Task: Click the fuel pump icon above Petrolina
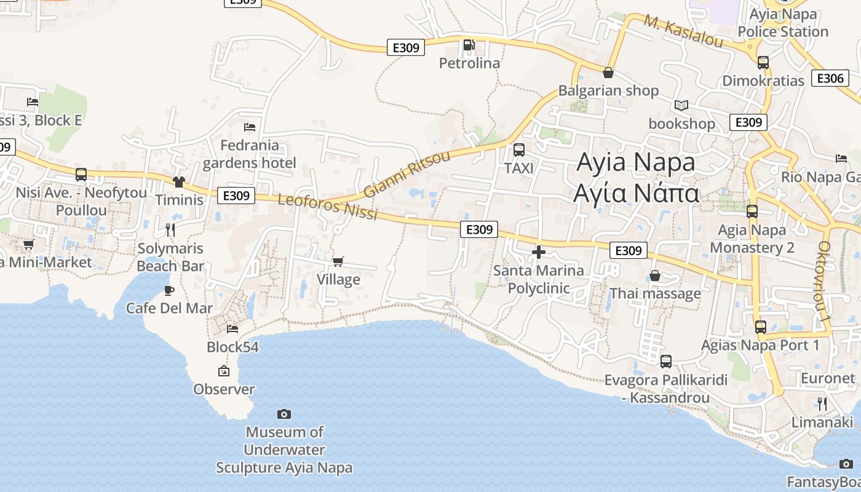click(x=469, y=44)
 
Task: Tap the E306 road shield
click(x=829, y=78)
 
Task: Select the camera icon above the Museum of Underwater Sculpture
click(x=284, y=414)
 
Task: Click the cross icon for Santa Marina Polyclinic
click(x=539, y=252)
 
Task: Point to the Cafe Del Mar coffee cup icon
click(x=169, y=290)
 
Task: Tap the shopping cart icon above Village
click(x=338, y=262)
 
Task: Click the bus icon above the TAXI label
click(x=519, y=149)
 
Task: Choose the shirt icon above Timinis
click(x=179, y=181)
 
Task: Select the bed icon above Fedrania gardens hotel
click(x=250, y=127)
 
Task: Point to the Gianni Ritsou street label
click(x=407, y=173)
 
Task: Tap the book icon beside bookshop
click(x=681, y=105)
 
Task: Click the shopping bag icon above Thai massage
click(x=655, y=276)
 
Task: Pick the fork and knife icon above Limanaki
click(x=822, y=404)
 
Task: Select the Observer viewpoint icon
click(x=224, y=371)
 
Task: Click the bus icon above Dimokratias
click(x=763, y=62)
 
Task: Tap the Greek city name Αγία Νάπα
click(x=636, y=192)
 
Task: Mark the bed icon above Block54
click(x=232, y=329)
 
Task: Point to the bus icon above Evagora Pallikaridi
click(x=666, y=362)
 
